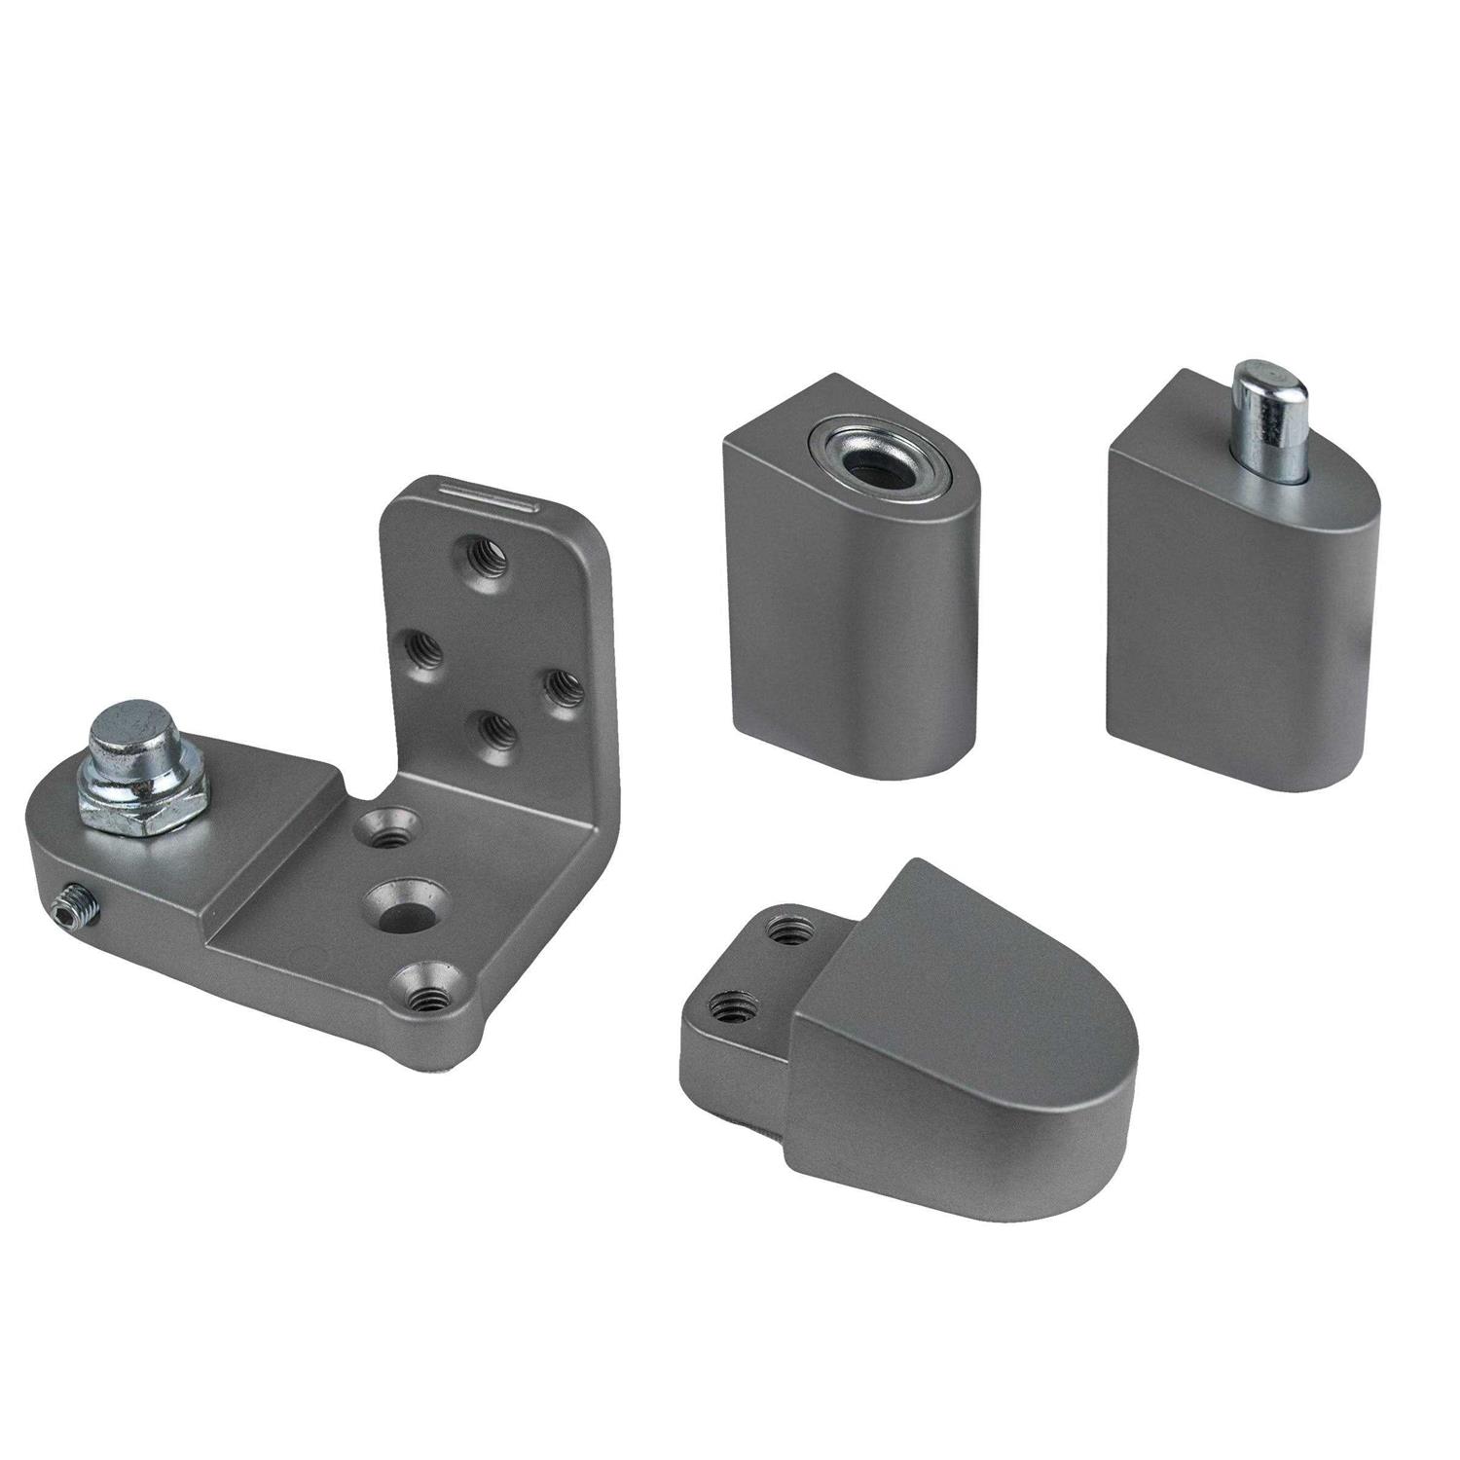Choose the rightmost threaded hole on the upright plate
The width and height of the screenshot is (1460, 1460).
click(558, 685)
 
